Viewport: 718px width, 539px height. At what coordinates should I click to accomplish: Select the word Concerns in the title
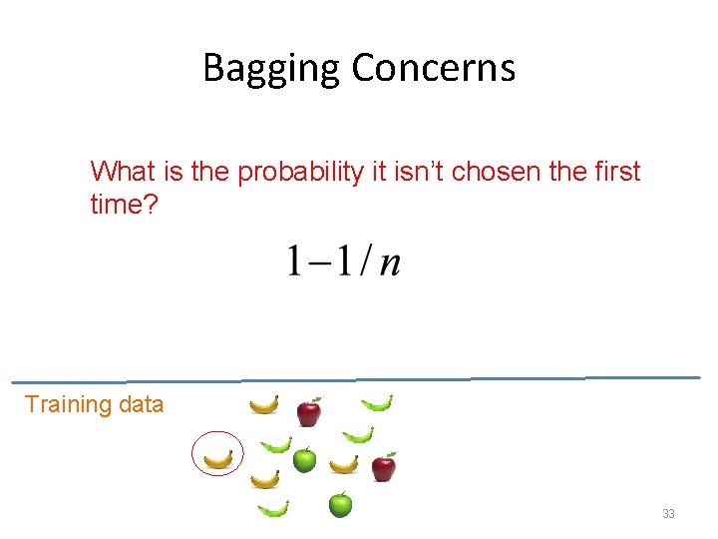[x=434, y=68]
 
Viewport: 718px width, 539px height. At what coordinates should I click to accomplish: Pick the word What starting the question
[x=124, y=172]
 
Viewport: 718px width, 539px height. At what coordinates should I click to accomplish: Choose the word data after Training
[x=140, y=404]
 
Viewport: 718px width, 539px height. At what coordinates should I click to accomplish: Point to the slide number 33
[x=668, y=513]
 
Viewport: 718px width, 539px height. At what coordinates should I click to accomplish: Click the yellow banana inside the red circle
[x=217, y=458]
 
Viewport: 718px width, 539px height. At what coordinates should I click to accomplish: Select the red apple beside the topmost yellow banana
[x=309, y=410]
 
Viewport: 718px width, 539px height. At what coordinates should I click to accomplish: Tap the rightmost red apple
[x=383, y=465]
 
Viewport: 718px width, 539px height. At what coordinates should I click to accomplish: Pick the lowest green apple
[x=340, y=504]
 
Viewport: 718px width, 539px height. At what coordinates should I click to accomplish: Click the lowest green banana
[x=272, y=508]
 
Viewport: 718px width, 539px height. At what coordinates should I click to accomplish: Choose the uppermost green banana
[x=376, y=403]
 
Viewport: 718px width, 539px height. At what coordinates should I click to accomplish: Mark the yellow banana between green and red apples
[x=344, y=463]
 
